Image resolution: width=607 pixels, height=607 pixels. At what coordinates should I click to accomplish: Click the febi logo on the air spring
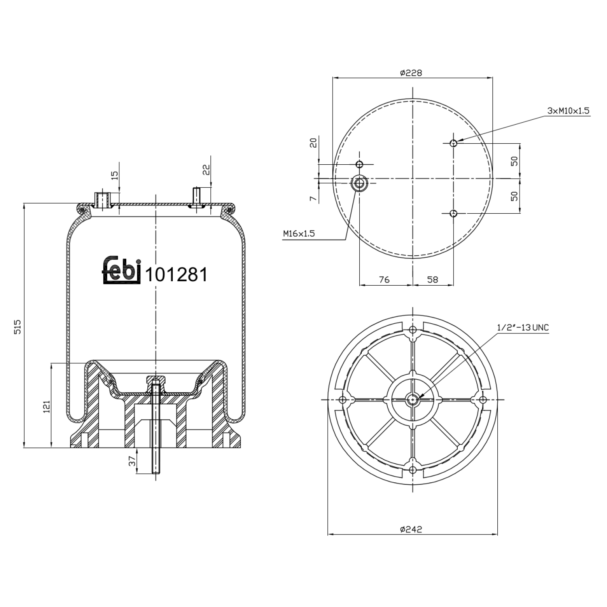coord(121,270)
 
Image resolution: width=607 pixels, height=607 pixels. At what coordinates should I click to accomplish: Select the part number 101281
coord(176,275)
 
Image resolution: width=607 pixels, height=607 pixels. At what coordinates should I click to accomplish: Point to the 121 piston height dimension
coord(46,406)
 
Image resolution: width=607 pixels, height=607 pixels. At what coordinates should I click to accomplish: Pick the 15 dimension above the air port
coord(115,175)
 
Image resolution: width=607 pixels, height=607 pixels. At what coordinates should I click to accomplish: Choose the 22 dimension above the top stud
coord(206,170)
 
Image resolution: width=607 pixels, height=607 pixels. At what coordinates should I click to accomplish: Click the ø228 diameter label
coord(411,73)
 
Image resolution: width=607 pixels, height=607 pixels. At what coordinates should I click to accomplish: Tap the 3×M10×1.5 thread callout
coord(568,110)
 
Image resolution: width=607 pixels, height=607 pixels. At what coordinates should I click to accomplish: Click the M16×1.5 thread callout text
coord(299,233)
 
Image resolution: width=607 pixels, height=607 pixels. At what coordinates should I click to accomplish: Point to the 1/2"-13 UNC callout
coord(523,328)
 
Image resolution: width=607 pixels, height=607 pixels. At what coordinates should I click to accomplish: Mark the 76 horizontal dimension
coord(384,279)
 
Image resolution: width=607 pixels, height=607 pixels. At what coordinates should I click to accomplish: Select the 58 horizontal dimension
coord(433,279)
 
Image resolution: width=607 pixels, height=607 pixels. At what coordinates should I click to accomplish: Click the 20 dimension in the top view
coord(313,142)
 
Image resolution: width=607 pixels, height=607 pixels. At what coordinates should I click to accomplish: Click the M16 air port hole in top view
coord(359,183)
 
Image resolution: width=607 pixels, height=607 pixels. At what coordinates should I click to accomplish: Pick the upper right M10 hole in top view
coord(454,142)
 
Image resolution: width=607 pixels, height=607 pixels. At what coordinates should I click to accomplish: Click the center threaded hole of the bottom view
coord(412,399)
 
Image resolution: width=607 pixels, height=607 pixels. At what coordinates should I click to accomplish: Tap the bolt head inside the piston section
coord(156,379)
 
